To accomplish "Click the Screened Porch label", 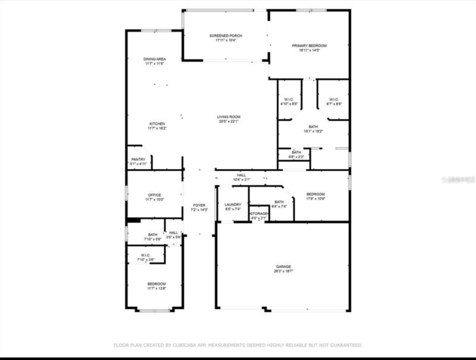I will click(226, 36).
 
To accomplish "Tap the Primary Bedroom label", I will click(309, 46).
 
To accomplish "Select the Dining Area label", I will click(155, 59).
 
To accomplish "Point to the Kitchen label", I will click(157, 124).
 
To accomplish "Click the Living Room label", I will click(228, 117).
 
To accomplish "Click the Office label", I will click(155, 195).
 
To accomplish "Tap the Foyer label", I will click(199, 205).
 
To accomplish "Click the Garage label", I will click(283, 266).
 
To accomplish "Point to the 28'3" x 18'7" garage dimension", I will click(283, 271).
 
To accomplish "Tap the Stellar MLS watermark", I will click(458, 179).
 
